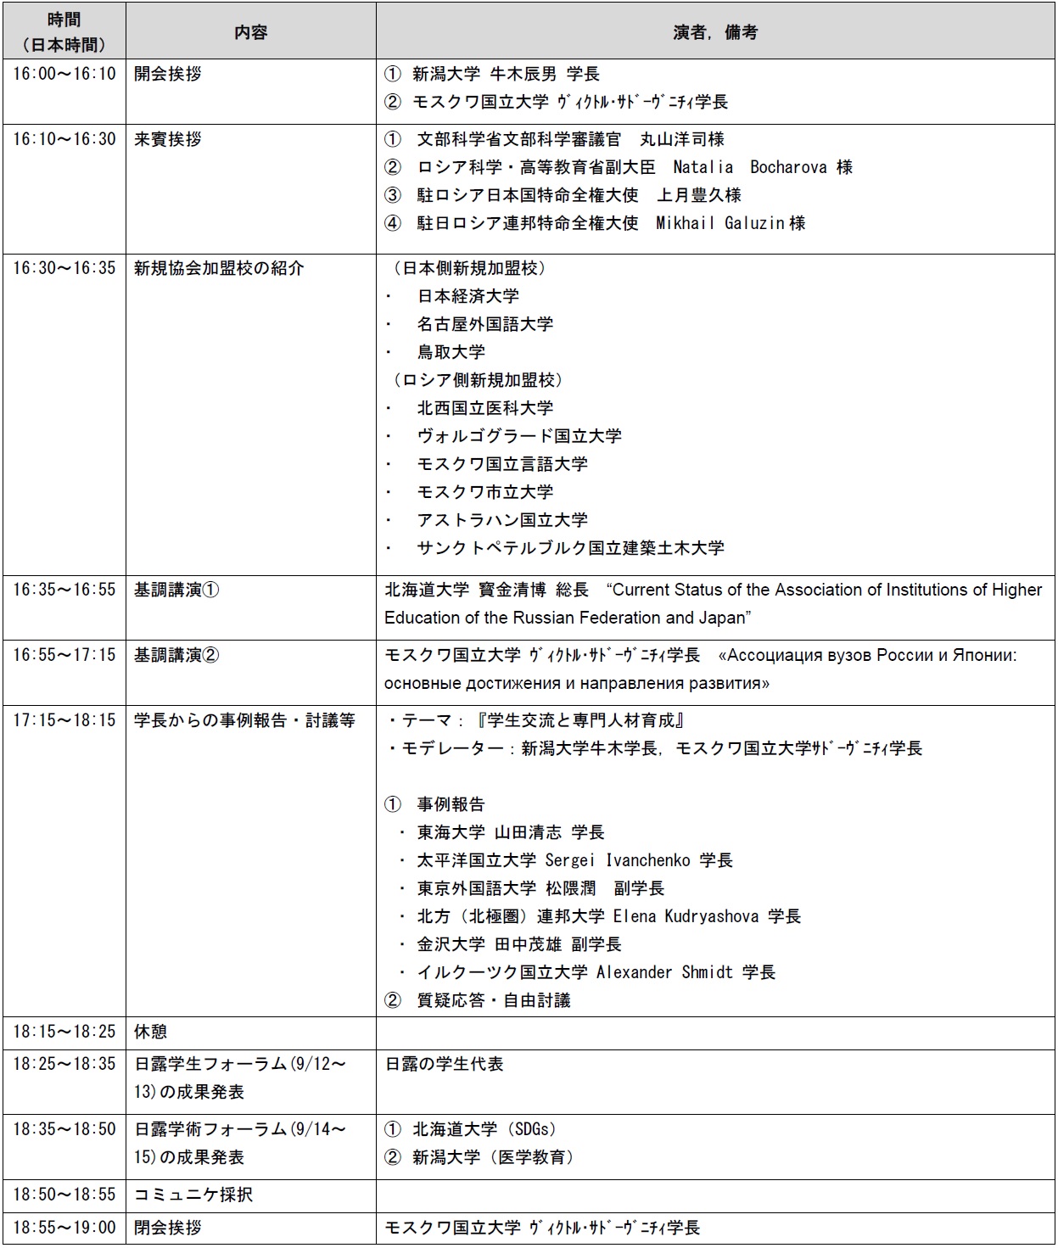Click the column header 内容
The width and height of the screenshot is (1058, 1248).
click(250, 32)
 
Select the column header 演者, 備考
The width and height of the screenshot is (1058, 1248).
click(715, 32)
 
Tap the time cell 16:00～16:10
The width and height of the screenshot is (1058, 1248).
click(64, 74)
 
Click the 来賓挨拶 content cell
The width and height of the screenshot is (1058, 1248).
click(168, 139)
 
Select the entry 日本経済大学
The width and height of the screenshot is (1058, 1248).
click(467, 296)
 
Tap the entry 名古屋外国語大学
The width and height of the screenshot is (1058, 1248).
click(484, 324)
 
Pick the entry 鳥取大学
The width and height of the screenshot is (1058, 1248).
click(451, 352)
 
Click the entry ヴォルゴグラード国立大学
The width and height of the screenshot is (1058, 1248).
click(518, 436)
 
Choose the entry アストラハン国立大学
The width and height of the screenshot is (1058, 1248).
click(501, 520)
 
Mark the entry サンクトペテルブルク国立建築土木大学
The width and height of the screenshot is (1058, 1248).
click(570, 548)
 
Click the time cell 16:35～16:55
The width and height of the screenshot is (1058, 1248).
click(64, 590)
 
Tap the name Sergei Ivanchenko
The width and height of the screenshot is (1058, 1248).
click(617, 860)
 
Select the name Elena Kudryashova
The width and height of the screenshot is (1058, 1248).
click(686, 916)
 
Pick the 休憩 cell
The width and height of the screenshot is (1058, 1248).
click(151, 1032)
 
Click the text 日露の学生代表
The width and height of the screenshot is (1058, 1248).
click(445, 1064)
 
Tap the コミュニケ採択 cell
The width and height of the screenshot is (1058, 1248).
click(193, 1195)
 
